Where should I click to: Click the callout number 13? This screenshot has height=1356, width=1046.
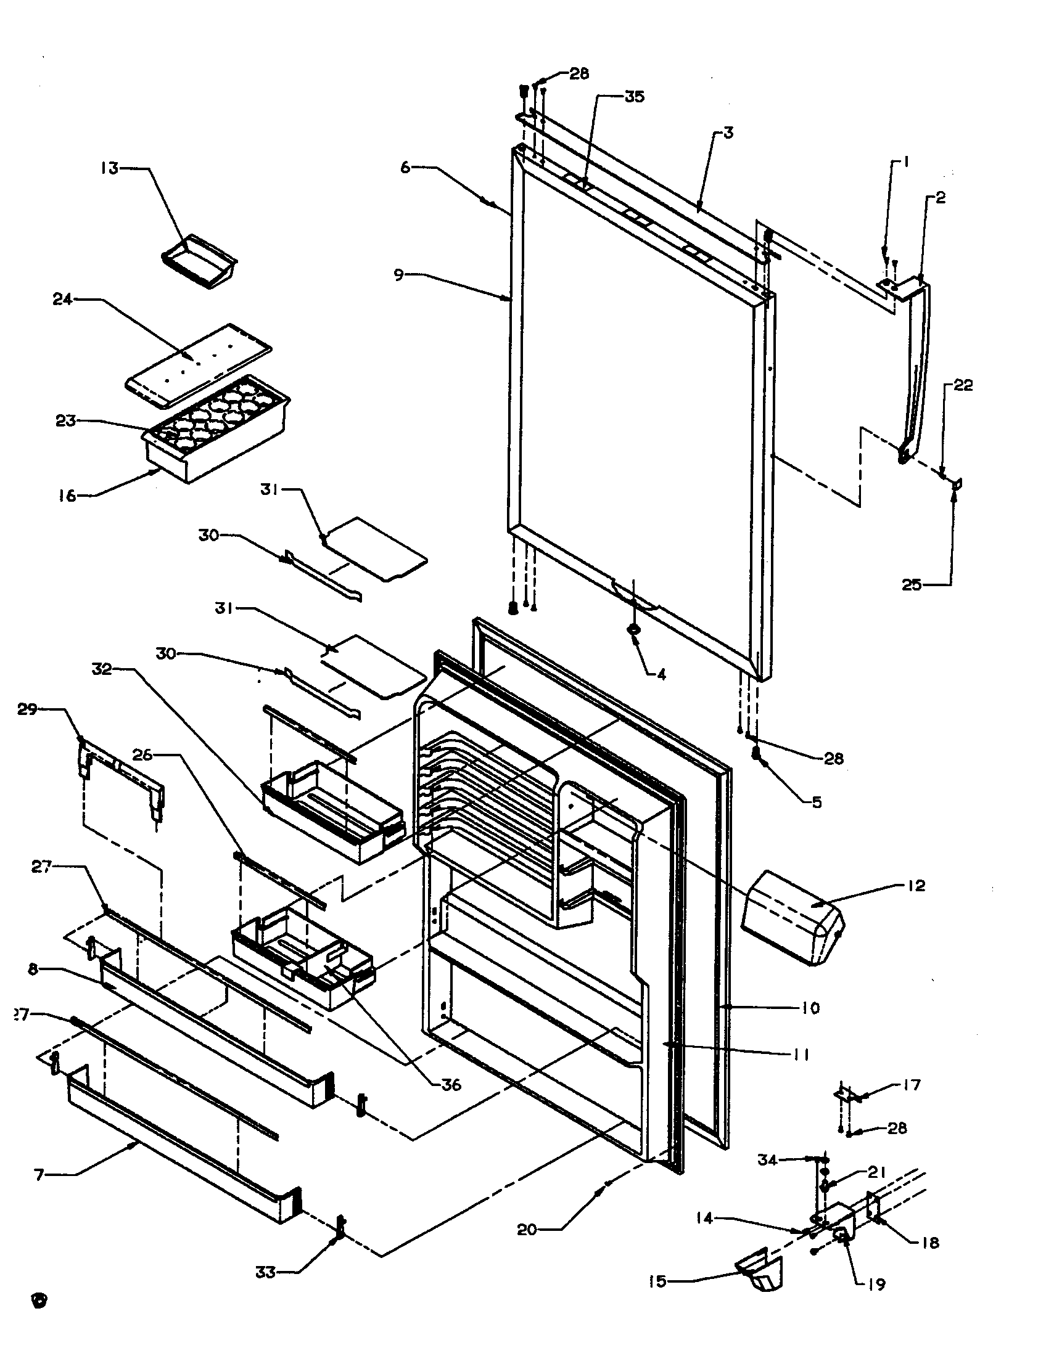(x=110, y=168)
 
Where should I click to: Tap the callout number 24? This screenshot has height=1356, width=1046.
(x=62, y=300)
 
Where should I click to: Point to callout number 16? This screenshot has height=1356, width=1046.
(x=67, y=496)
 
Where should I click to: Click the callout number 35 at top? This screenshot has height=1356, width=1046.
(x=634, y=96)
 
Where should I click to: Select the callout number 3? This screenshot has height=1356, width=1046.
(x=728, y=133)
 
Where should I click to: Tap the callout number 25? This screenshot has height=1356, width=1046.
(x=912, y=584)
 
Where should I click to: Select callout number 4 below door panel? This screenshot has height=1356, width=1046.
(x=662, y=674)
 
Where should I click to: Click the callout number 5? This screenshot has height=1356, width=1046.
(x=817, y=802)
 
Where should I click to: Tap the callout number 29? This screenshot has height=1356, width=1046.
(x=28, y=709)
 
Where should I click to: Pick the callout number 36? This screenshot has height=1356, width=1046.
(x=451, y=1085)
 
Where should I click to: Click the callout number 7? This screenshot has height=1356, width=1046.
(x=39, y=1175)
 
